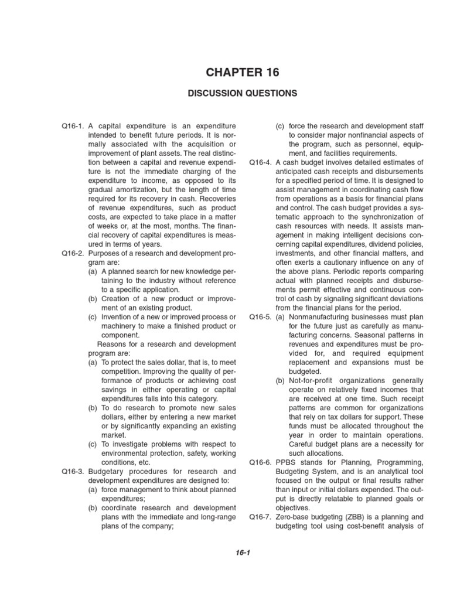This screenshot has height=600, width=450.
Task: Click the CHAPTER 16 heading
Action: [x=243, y=72]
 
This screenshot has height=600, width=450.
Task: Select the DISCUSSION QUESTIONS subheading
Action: [x=243, y=93]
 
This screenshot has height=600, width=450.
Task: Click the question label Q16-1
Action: [x=72, y=126]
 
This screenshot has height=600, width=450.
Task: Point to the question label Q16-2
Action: [x=72, y=253]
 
